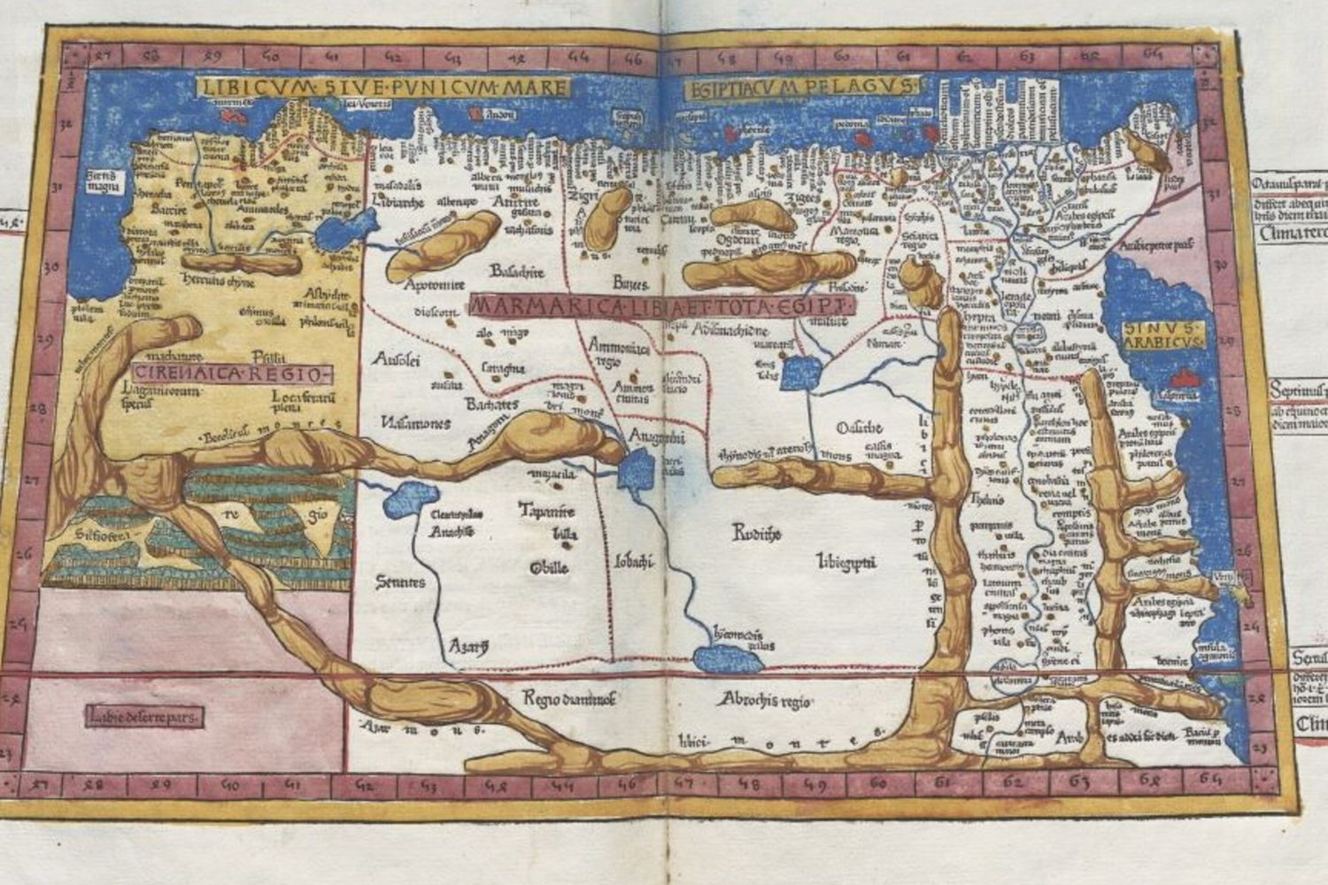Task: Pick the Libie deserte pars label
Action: (144, 715)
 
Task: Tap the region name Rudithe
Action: (755, 531)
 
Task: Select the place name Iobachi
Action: (634, 560)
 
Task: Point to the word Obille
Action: (549, 567)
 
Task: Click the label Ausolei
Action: (397, 358)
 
